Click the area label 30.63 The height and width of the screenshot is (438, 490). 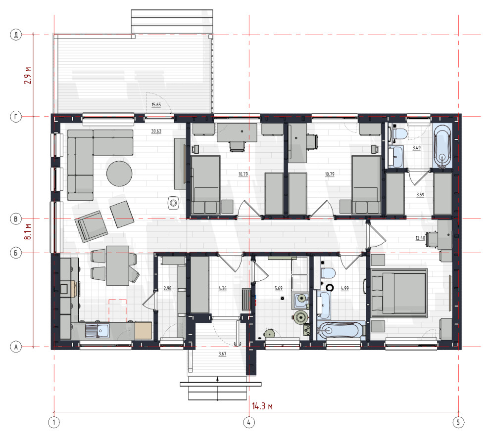point(156,131)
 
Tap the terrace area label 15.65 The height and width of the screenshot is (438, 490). point(156,105)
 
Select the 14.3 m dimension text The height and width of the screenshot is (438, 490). point(262,406)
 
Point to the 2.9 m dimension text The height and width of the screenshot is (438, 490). point(28,75)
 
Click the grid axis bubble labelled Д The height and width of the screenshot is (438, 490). point(16,34)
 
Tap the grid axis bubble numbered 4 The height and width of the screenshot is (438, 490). point(249,422)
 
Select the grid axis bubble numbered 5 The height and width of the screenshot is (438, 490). point(458,422)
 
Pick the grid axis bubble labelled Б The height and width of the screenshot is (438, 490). point(16,253)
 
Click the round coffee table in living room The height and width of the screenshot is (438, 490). point(119,174)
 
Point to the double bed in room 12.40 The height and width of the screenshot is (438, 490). point(399,293)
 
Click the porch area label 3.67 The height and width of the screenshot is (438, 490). point(222,353)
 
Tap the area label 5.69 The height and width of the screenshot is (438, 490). point(279,288)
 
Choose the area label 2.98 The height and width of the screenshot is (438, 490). point(167,288)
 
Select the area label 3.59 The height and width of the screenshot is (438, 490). point(420,194)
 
